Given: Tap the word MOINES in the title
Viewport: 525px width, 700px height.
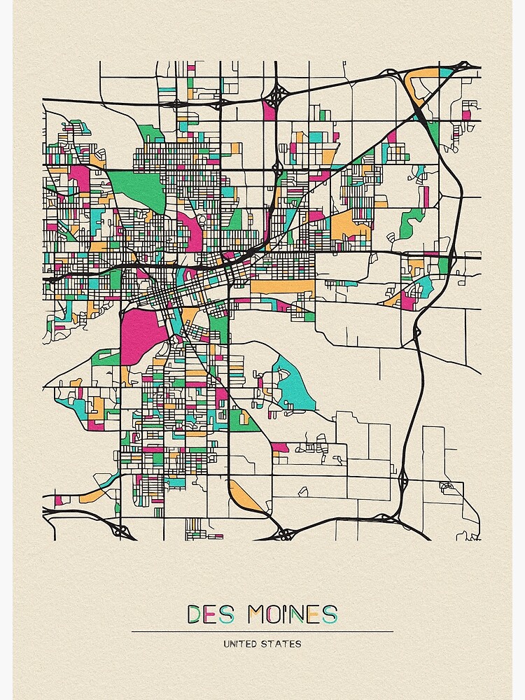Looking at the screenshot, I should (x=288, y=615).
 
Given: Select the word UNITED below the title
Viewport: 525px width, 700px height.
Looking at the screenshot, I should (x=239, y=644).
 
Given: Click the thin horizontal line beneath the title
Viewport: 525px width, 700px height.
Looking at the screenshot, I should (x=262, y=631).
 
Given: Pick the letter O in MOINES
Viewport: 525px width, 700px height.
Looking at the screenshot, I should (x=267, y=615).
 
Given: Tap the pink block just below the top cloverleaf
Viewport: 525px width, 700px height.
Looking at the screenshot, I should (x=269, y=109).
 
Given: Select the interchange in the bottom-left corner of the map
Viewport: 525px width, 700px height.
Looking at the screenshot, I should (x=122, y=531).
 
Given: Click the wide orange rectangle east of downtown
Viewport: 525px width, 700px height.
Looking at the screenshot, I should (x=282, y=286).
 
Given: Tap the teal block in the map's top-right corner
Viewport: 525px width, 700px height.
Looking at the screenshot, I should (x=446, y=72).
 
